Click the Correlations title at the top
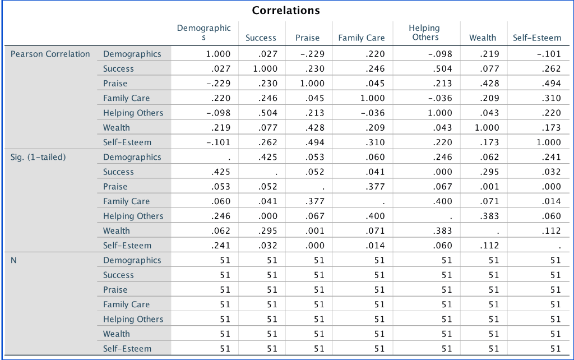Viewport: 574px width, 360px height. point(286,11)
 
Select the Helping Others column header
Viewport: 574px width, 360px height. point(424,33)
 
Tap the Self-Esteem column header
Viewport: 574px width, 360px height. point(536,38)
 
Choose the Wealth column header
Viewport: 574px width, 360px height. point(483,38)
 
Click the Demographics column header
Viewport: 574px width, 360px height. point(203,33)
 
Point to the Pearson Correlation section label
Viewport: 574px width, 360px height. point(50,54)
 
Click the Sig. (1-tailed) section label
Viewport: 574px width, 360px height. point(38,157)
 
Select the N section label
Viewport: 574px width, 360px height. point(14,260)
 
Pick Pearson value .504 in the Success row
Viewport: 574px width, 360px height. point(442,69)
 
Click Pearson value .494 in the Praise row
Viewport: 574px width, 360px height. point(551,84)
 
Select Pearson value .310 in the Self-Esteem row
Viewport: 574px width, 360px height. point(375,142)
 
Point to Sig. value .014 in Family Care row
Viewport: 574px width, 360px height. point(551,201)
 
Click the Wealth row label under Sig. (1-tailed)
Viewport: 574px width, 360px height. point(116,230)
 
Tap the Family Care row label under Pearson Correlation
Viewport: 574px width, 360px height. point(126,98)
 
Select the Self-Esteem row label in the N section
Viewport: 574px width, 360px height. point(127,348)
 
